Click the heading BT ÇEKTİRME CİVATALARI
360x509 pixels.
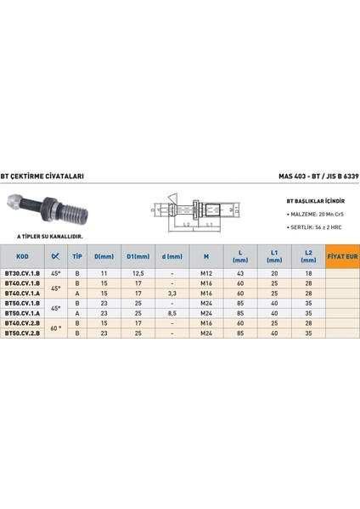pos(42,176)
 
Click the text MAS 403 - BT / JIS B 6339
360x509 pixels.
pos(318,176)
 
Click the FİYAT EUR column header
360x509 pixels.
pos(341,256)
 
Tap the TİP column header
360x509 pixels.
pos(77,256)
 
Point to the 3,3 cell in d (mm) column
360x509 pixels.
pos(173,294)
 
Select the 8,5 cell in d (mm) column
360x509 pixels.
pos(173,312)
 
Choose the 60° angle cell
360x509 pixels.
pos(55,328)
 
